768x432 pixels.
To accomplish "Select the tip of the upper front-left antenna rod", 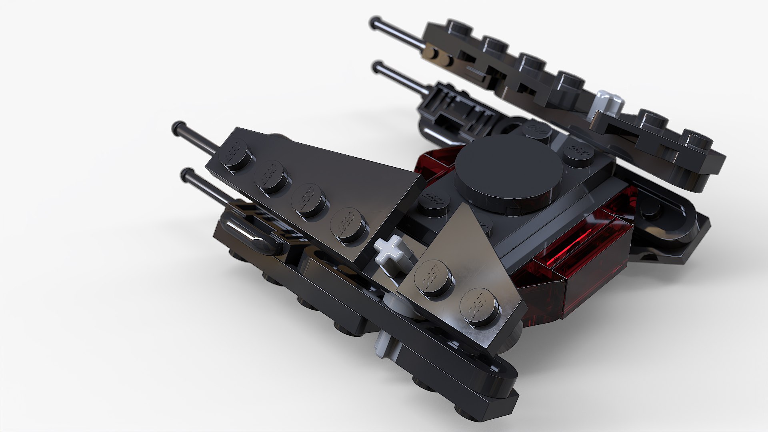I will click(176, 128).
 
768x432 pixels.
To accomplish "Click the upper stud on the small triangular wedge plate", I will click(434, 276).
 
